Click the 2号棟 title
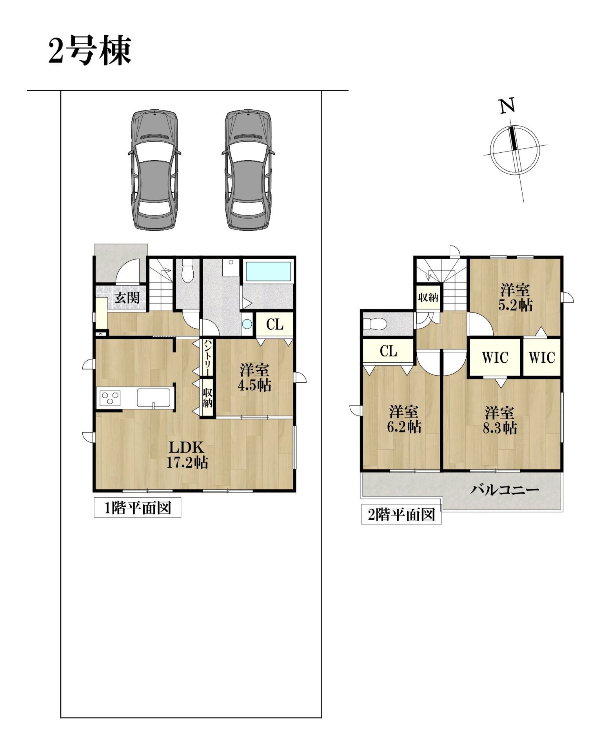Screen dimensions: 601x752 pyautogui.click(x=90, y=51)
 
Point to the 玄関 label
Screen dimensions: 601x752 pyautogui.click(x=127, y=298)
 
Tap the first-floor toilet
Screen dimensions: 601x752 pyautogui.click(x=187, y=270)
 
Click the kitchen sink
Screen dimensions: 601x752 pyautogui.click(x=153, y=398)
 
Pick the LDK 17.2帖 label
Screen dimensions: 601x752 pyautogui.click(x=187, y=455)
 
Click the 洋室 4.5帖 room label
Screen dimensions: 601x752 pyautogui.click(x=255, y=378)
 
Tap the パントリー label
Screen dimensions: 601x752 pyautogui.click(x=207, y=357)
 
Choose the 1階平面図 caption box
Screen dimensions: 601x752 pyautogui.click(x=138, y=508)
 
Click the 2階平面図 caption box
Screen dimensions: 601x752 pyautogui.click(x=401, y=515)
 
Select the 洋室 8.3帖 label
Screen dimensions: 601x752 pyautogui.click(x=499, y=420)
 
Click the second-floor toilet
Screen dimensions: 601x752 pyautogui.click(x=375, y=324)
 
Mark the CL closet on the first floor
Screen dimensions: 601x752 pyautogui.click(x=275, y=324)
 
